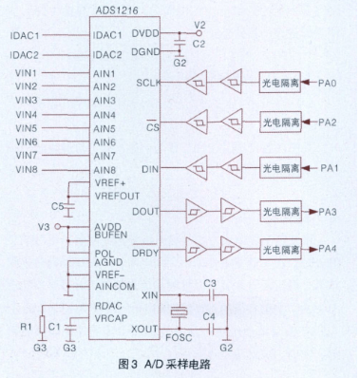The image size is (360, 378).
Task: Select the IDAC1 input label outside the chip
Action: (25, 36)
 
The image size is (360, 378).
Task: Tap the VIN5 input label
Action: (26, 128)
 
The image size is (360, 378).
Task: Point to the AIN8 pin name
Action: (104, 169)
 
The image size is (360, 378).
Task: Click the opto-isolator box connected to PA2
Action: (283, 122)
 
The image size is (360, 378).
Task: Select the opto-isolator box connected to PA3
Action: (283, 210)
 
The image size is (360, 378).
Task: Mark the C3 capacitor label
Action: (210, 283)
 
